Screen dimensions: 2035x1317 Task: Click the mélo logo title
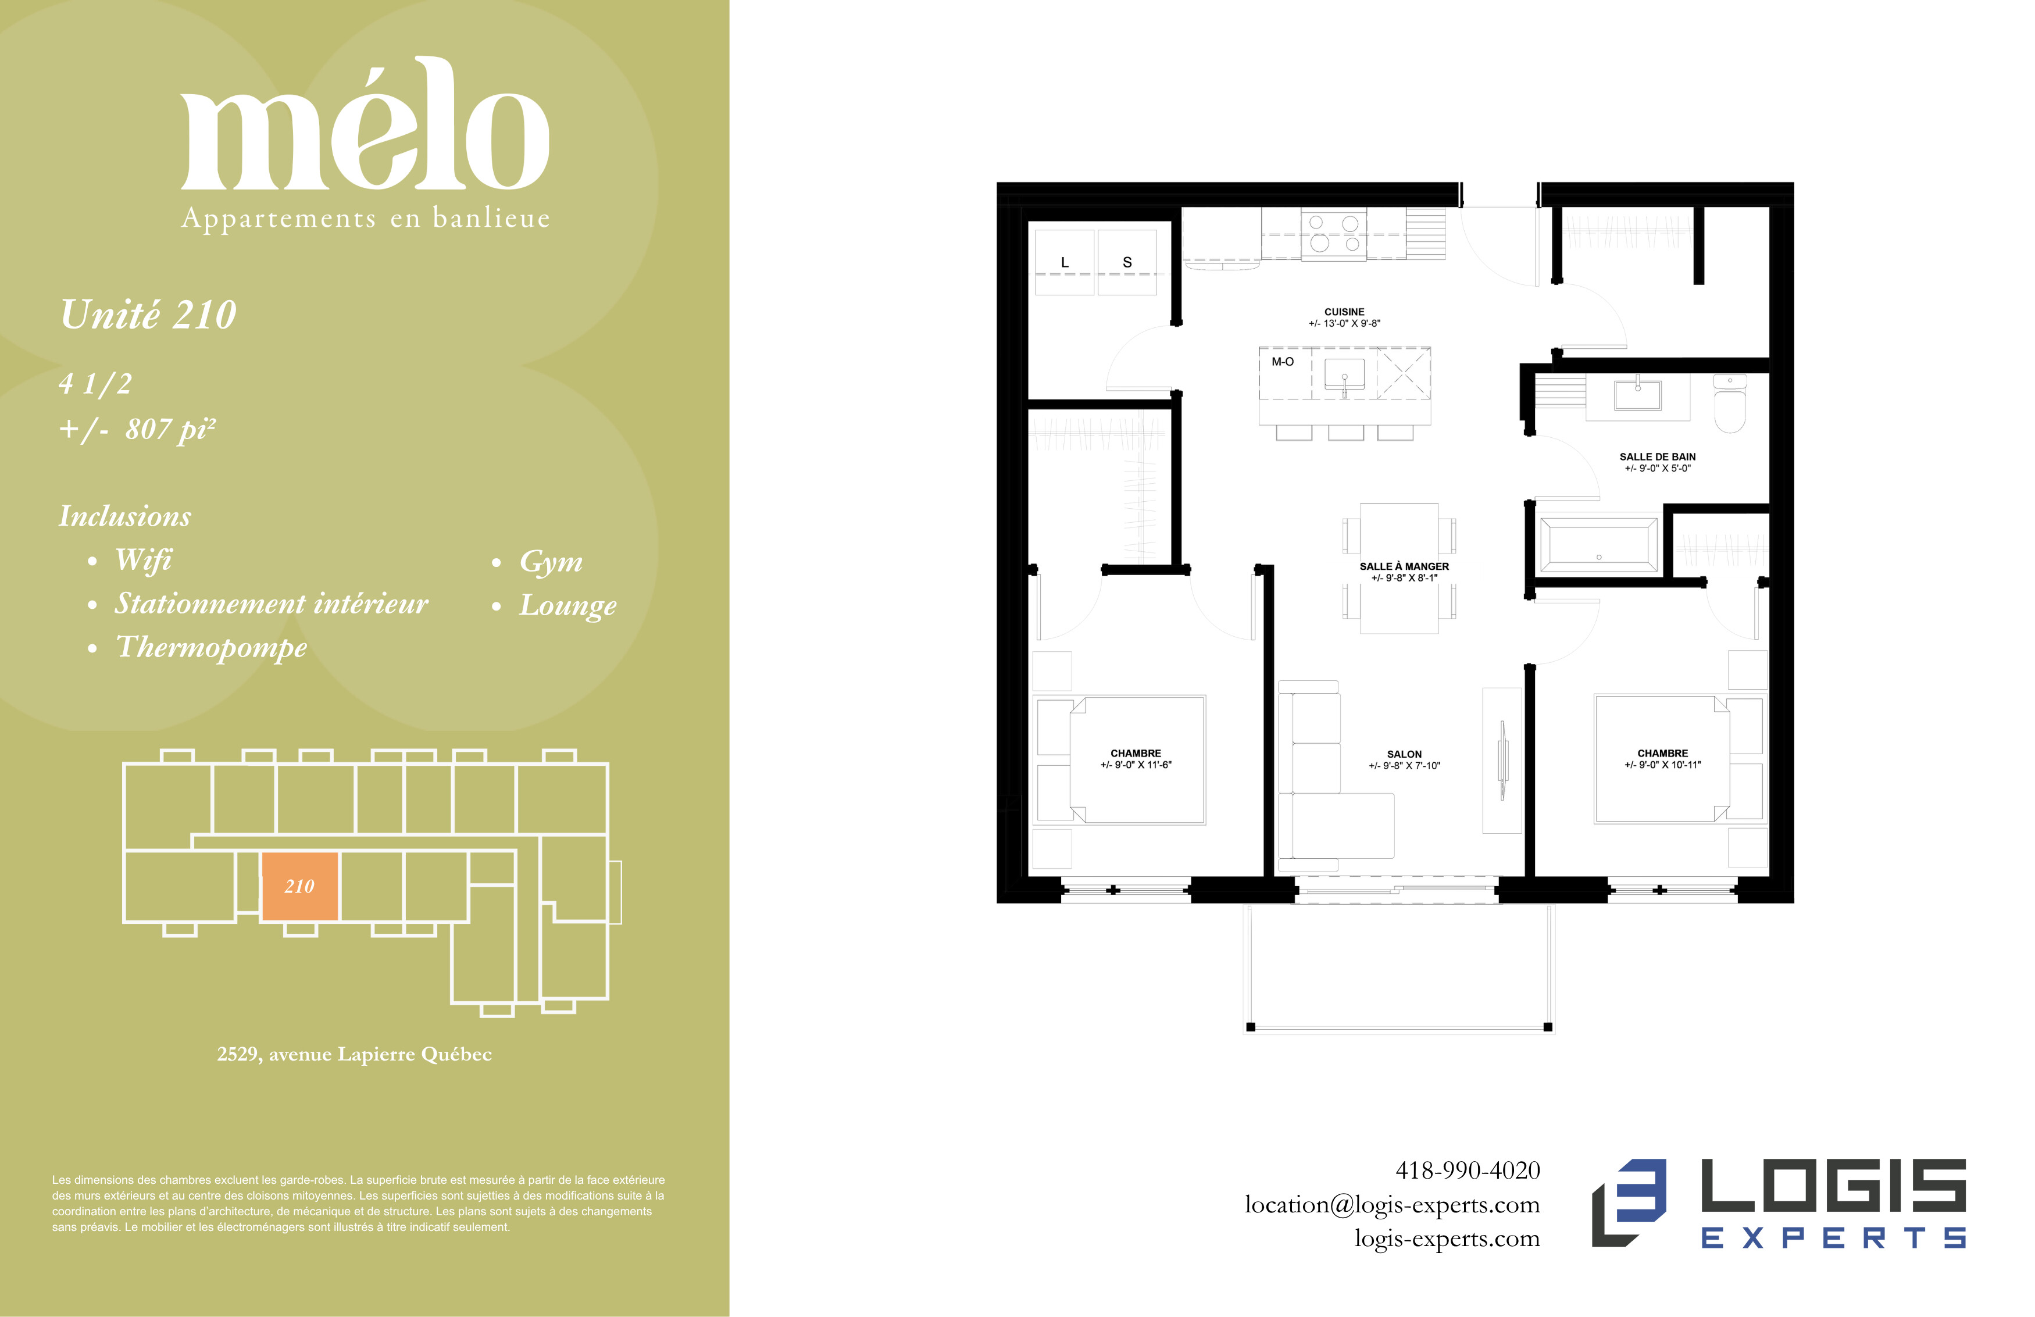point(365,124)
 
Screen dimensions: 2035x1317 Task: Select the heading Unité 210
point(148,314)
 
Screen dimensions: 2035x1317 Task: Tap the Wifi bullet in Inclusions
point(143,559)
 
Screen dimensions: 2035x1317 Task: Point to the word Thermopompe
point(211,647)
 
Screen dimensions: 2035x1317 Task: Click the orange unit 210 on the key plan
point(299,886)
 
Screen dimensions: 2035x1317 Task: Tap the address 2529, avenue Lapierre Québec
point(354,1054)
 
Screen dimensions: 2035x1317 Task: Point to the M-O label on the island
point(1283,362)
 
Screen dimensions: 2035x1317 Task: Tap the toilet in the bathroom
point(1730,404)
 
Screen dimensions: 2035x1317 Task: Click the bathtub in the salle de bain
point(1598,544)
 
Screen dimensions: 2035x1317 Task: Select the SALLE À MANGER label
point(1404,566)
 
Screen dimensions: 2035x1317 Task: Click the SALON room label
point(1404,754)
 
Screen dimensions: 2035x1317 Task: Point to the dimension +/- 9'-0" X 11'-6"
point(1136,765)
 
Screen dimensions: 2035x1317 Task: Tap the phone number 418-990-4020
point(1468,1170)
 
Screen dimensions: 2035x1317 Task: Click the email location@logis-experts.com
point(1392,1205)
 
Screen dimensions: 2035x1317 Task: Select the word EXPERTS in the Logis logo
point(1833,1237)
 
